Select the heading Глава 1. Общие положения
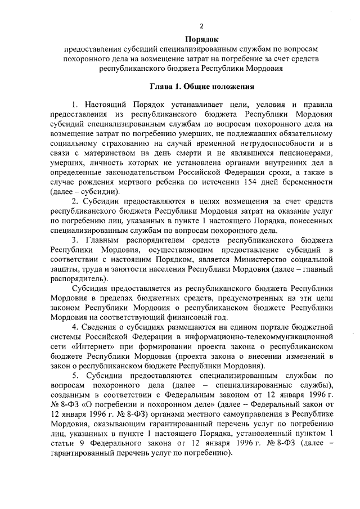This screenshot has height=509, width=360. point(201,87)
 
